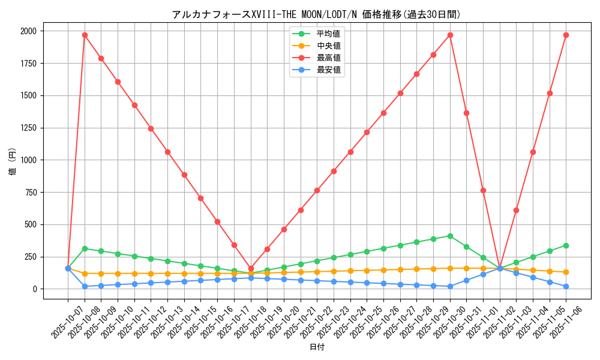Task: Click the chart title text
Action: [x=316, y=14]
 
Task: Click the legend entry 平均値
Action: [x=328, y=34]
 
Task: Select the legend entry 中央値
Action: [x=328, y=46]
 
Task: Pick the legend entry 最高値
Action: [x=328, y=58]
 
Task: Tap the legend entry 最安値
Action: [x=328, y=70]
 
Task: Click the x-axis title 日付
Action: [x=316, y=347]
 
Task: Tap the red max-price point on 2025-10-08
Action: [x=85, y=35]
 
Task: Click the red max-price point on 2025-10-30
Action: [x=450, y=35]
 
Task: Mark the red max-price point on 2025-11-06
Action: [x=566, y=35]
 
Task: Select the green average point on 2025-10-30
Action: [x=450, y=236]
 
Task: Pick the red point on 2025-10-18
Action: [x=251, y=268]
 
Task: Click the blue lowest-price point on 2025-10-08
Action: [x=85, y=286]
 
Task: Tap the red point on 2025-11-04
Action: [x=533, y=152]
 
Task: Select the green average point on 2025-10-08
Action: [x=85, y=248]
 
